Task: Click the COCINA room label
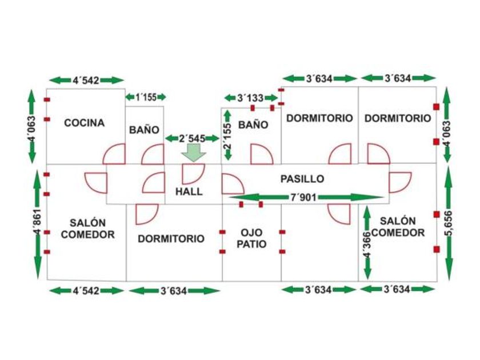84,123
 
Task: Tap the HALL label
189,191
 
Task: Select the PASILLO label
302,178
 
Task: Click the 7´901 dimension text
303,197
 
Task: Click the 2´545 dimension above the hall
192,138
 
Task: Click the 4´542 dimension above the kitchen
86,80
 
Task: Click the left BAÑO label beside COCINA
144,130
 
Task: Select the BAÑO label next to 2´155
253,125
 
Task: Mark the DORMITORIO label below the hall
171,239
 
